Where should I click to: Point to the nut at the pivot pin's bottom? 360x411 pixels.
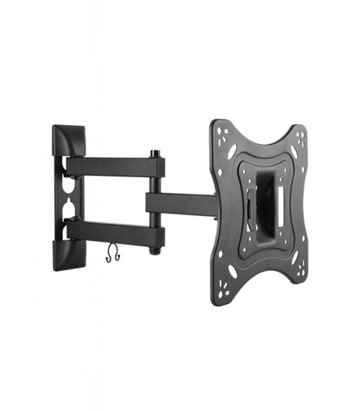[153, 251]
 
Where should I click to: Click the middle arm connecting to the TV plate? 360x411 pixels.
[180, 204]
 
